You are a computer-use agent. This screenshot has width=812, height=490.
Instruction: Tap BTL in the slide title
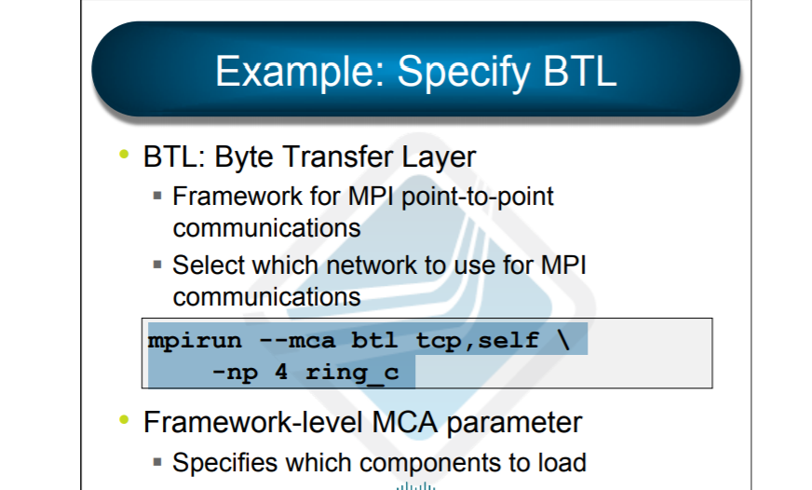click(x=579, y=71)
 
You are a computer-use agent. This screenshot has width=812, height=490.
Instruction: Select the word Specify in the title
click(x=464, y=73)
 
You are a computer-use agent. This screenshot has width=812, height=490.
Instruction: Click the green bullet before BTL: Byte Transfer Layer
click(x=124, y=154)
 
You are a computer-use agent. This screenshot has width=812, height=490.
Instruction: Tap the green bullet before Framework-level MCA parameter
click(x=124, y=419)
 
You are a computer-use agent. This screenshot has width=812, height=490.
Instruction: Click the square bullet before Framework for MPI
click(x=158, y=196)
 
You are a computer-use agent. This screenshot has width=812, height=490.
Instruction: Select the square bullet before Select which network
click(x=158, y=265)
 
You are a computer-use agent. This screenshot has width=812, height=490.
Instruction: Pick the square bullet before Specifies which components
click(x=158, y=462)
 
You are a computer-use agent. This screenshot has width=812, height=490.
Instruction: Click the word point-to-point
click(x=478, y=197)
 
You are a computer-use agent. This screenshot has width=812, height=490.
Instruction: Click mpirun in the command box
click(x=195, y=341)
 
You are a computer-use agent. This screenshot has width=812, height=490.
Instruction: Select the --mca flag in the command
click(x=297, y=341)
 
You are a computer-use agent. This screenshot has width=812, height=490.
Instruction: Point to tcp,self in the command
click(x=478, y=341)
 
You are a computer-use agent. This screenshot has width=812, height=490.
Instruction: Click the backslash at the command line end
click(x=563, y=340)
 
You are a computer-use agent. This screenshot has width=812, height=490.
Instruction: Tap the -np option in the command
click(x=235, y=373)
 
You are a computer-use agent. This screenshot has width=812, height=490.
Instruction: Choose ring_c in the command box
click(x=352, y=373)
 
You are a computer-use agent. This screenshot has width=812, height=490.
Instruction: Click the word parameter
click(x=514, y=423)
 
